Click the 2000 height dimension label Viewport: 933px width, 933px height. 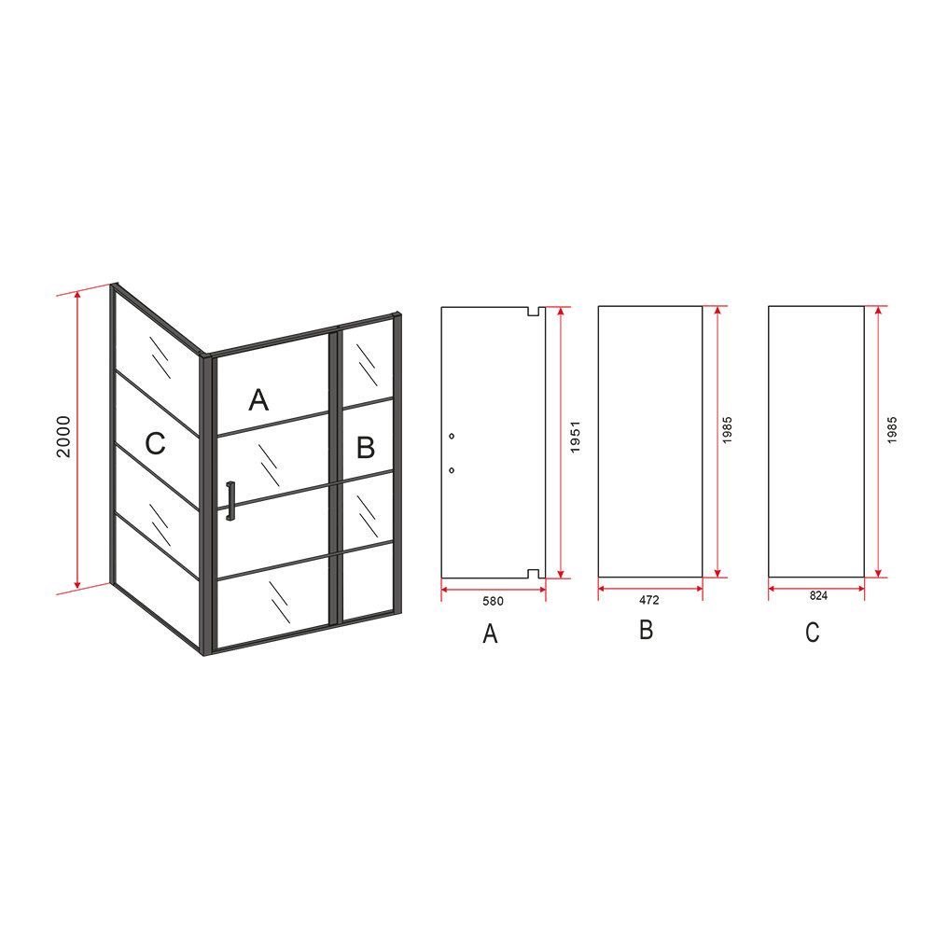pos(63,437)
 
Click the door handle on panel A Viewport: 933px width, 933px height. pos(230,501)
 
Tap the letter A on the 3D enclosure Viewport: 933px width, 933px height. pos(258,400)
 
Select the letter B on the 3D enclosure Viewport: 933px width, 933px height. pos(366,448)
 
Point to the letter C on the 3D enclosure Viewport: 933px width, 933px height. pos(155,443)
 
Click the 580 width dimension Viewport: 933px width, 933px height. pos(493,601)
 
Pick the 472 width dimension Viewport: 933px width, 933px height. pos(649,600)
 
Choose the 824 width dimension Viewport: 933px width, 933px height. pos(818,595)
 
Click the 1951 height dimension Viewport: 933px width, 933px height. pos(575,438)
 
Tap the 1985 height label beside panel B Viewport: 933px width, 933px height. pos(727,429)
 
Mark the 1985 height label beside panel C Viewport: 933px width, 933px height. pos(891,429)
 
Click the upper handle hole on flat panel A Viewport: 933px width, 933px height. pos(452,436)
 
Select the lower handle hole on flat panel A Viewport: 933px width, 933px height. pos(452,470)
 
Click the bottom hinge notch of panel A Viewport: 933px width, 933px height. pos(533,574)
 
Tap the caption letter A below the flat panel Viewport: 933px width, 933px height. pos(490,634)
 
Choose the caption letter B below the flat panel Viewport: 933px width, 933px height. pos(647,629)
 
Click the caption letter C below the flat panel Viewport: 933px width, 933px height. pos(813,632)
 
